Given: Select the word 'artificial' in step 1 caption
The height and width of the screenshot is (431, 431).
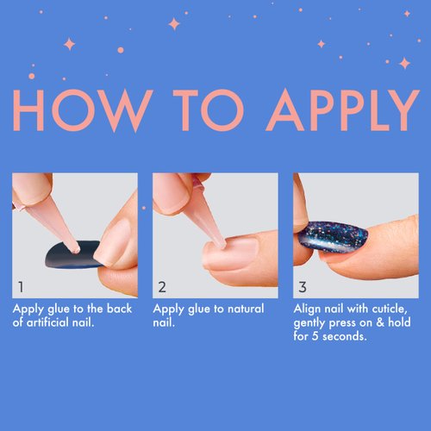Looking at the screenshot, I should (49, 322).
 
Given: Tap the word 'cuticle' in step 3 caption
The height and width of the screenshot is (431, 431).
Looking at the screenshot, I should (385, 309).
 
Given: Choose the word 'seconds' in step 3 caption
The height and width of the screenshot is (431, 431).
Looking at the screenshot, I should (342, 336).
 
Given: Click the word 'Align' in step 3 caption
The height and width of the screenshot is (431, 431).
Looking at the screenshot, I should (308, 309).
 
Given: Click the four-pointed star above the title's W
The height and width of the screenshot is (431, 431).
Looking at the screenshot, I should (174, 23).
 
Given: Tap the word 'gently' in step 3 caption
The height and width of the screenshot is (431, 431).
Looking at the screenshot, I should (312, 322).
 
